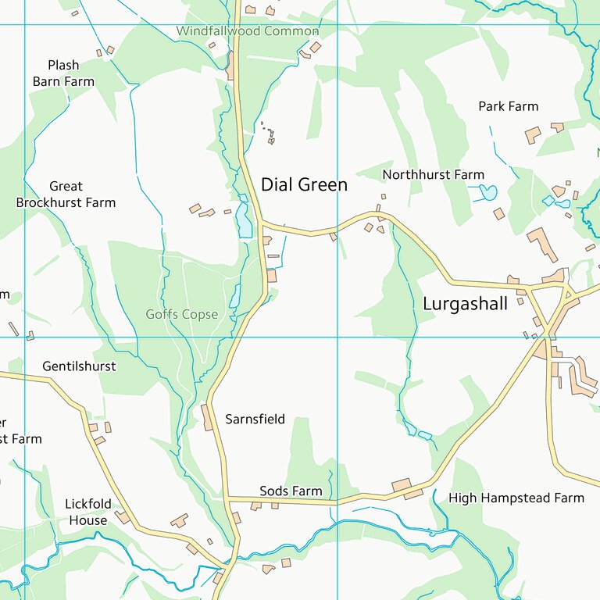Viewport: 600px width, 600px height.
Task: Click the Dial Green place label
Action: click(304, 185)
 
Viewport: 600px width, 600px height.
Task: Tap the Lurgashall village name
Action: click(465, 304)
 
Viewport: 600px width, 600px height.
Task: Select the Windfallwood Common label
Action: click(248, 31)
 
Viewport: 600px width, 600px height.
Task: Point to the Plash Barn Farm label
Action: click(63, 73)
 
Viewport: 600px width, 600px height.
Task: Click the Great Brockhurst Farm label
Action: click(66, 195)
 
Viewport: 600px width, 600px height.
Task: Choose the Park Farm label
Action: click(508, 106)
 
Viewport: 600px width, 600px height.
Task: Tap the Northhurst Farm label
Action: click(433, 174)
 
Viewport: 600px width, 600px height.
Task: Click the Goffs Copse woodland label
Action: click(181, 315)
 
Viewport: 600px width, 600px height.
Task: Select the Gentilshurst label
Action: click(79, 366)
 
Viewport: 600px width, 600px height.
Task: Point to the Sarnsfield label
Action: click(255, 420)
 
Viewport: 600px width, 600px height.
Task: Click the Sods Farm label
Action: click(291, 491)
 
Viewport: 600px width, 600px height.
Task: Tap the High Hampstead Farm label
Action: click(516, 498)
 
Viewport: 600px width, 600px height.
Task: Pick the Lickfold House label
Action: click(87, 512)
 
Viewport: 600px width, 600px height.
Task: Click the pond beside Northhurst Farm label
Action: click(487, 192)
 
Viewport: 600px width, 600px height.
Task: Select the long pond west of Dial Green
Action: click(245, 221)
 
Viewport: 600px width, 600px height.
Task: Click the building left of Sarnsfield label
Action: click(208, 417)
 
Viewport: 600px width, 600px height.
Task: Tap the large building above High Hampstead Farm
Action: click(402, 485)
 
